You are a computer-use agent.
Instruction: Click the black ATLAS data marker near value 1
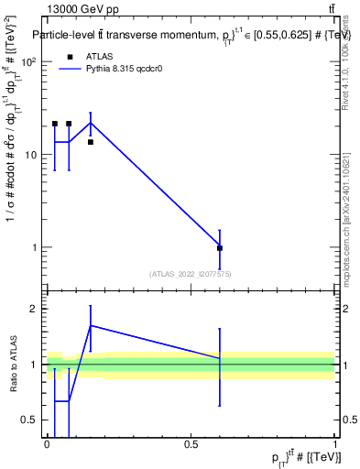pyautogui.click(x=220, y=248)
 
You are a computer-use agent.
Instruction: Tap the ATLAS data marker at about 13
pyautogui.click(x=90, y=142)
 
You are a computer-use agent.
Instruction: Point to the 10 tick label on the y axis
pyautogui.click(x=33, y=155)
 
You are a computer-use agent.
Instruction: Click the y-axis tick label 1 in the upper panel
pyautogui.click(x=36, y=247)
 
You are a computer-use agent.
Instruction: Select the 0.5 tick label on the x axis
pyautogui.click(x=191, y=444)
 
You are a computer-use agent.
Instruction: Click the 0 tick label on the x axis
pyautogui.click(x=47, y=444)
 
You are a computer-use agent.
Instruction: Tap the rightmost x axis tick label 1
pyautogui.click(x=334, y=444)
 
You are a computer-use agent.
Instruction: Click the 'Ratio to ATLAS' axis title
pyautogui.click(x=12, y=364)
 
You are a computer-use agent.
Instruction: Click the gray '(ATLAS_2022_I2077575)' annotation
pyautogui.click(x=190, y=273)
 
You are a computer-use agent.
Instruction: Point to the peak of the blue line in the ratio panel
pyautogui.click(x=90, y=325)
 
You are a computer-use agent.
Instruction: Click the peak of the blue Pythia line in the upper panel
pyautogui.click(x=90, y=122)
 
